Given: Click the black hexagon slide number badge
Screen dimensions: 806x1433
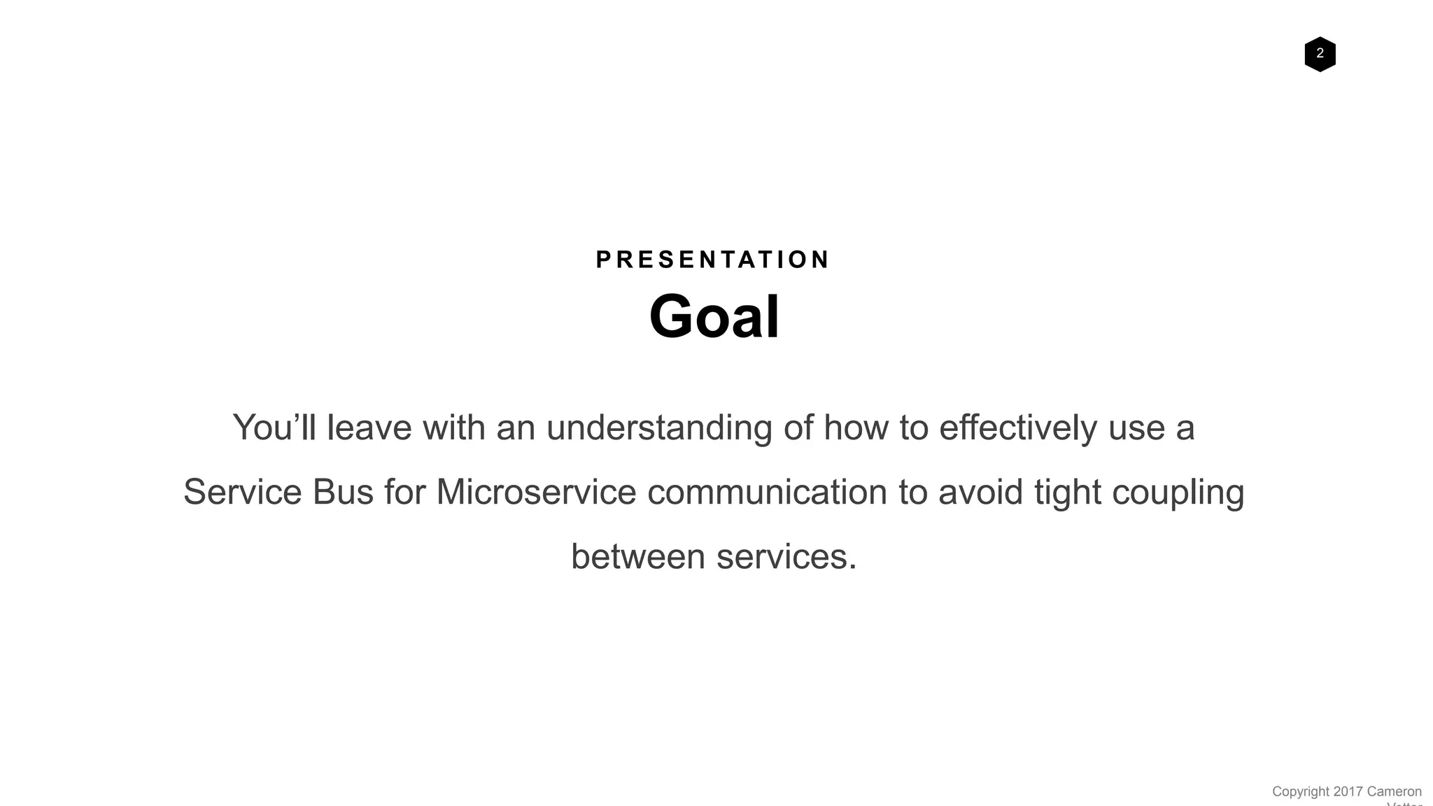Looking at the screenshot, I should coord(1320,54).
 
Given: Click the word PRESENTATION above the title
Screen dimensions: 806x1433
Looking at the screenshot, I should coord(713,260).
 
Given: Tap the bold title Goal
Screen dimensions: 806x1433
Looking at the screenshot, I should coord(714,316).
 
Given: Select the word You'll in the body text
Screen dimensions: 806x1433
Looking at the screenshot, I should coord(274,427).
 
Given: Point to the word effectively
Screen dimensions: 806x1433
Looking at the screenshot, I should coord(1017,427).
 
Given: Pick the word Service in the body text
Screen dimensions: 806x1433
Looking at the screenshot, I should coord(242,492).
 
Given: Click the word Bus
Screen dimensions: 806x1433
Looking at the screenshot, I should coord(343,492).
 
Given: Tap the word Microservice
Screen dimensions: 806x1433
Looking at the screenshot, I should coord(536,492).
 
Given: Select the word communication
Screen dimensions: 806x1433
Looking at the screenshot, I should coord(767,492).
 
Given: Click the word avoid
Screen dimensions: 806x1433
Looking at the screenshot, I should coord(980,492).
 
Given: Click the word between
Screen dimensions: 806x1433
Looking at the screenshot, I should coord(638,557).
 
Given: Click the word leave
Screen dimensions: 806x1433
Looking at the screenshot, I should coord(369,427).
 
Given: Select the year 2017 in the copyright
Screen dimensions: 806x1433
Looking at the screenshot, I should coord(1348,791).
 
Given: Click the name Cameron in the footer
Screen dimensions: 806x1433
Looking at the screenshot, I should coord(1394,791).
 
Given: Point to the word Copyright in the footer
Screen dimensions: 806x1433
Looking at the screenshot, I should coord(1300,791).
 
